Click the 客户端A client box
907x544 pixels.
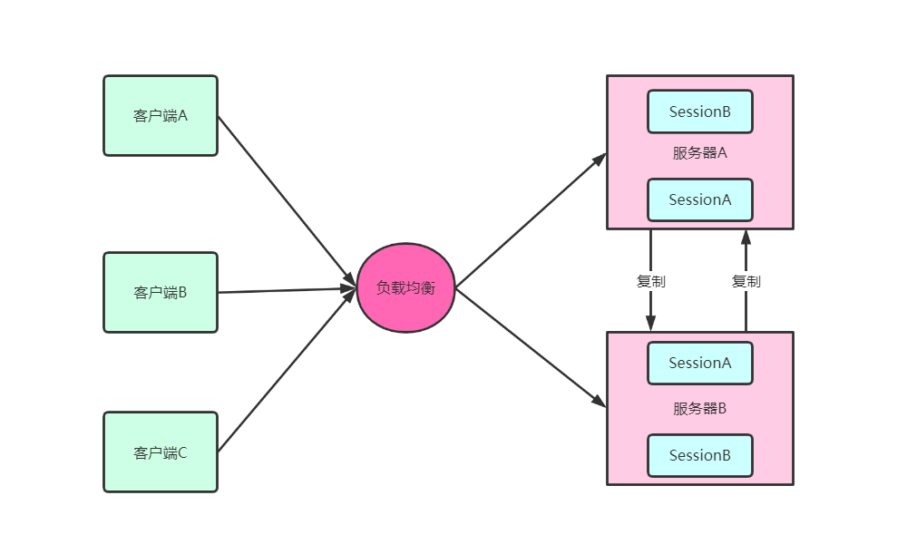[x=161, y=115]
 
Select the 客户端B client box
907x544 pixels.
[x=161, y=292]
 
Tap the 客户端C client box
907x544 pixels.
[x=161, y=452]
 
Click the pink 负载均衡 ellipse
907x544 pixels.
[x=405, y=287]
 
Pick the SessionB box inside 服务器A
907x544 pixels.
[x=699, y=112]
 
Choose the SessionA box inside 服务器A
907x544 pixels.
[x=699, y=199]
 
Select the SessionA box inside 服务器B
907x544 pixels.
[x=699, y=363]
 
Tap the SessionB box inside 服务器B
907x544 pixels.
[x=699, y=455]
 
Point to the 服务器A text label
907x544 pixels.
[x=699, y=152]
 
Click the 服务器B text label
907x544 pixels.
[x=699, y=408]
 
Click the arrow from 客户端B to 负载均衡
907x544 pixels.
[x=281, y=290]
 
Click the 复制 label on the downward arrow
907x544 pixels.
[x=650, y=281]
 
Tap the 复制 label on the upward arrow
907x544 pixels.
[x=746, y=281]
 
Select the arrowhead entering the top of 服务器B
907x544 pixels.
[x=650, y=324]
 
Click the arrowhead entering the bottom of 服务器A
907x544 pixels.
[x=746, y=238]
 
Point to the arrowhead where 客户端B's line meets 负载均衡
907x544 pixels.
[x=348, y=289]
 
